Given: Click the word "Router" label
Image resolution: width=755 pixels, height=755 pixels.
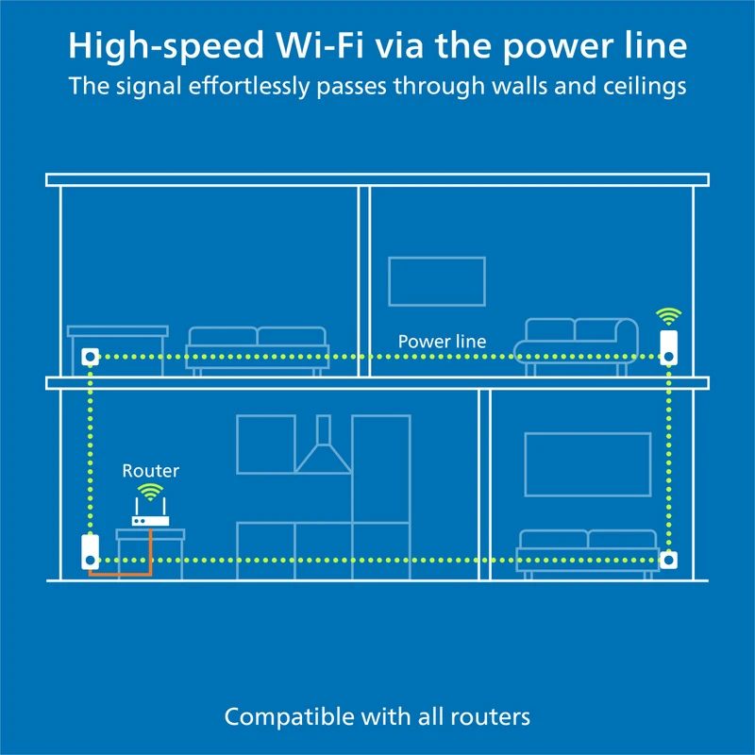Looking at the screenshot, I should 151,470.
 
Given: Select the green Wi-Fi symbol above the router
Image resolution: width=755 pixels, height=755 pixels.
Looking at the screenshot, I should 149,492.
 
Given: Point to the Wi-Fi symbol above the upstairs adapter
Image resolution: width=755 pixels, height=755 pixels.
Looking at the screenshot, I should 669,316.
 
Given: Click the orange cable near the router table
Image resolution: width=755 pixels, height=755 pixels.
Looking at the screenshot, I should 123,572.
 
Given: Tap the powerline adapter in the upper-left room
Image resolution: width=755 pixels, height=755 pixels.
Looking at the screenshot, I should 91,357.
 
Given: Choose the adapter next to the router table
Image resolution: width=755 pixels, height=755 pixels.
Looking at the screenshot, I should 90,551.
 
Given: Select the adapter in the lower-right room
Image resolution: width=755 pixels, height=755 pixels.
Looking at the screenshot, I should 668,559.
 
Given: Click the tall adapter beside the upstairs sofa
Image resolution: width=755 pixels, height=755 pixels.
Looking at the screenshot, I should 669,346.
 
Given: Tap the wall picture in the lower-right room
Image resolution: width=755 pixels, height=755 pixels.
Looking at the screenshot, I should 588,463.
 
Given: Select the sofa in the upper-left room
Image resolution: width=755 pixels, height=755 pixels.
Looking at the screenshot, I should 257,349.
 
